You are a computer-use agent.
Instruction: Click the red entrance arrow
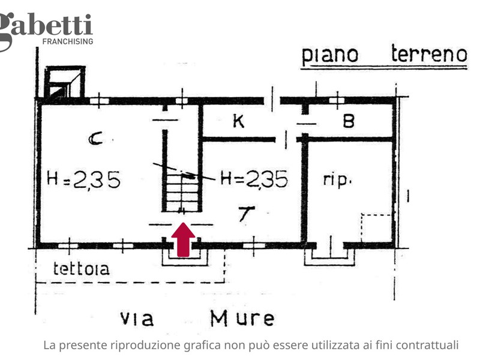pyautogui.click(x=183, y=239)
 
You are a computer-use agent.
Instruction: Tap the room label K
pyautogui.click(x=239, y=121)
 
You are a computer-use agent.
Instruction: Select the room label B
pyautogui.click(x=349, y=121)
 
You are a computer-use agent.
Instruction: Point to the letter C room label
pyautogui.click(x=95, y=139)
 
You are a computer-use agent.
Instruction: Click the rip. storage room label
pyautogui.click(x=337, y=179)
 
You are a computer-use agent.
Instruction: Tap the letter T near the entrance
pyautogui.click(x=247, y=214)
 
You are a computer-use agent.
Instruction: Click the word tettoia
pyautogui.click(x=81, y=268)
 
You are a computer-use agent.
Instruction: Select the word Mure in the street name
pyautogui.click(x=242, y=318)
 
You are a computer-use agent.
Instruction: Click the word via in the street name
pyautogui.click(x=137, y=319)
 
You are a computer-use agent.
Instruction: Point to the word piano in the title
pyautogui.click(x=330, y=56)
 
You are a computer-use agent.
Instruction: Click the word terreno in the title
pyautogui.click(x=429, y=54)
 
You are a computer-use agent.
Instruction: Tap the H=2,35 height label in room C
pyautogui.click(x=83, y=179)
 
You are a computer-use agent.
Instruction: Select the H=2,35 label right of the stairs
pyautogui.click(x=254, y=179)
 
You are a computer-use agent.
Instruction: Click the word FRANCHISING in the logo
pyautogui.click(x=68, y=41)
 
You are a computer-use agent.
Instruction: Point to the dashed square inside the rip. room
pyautogui.click(x=377, y=229)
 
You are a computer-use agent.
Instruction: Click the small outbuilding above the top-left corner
pyautogui.click(x=65, y=82)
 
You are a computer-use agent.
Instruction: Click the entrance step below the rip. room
pyautogui.click(x=330, y=257)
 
